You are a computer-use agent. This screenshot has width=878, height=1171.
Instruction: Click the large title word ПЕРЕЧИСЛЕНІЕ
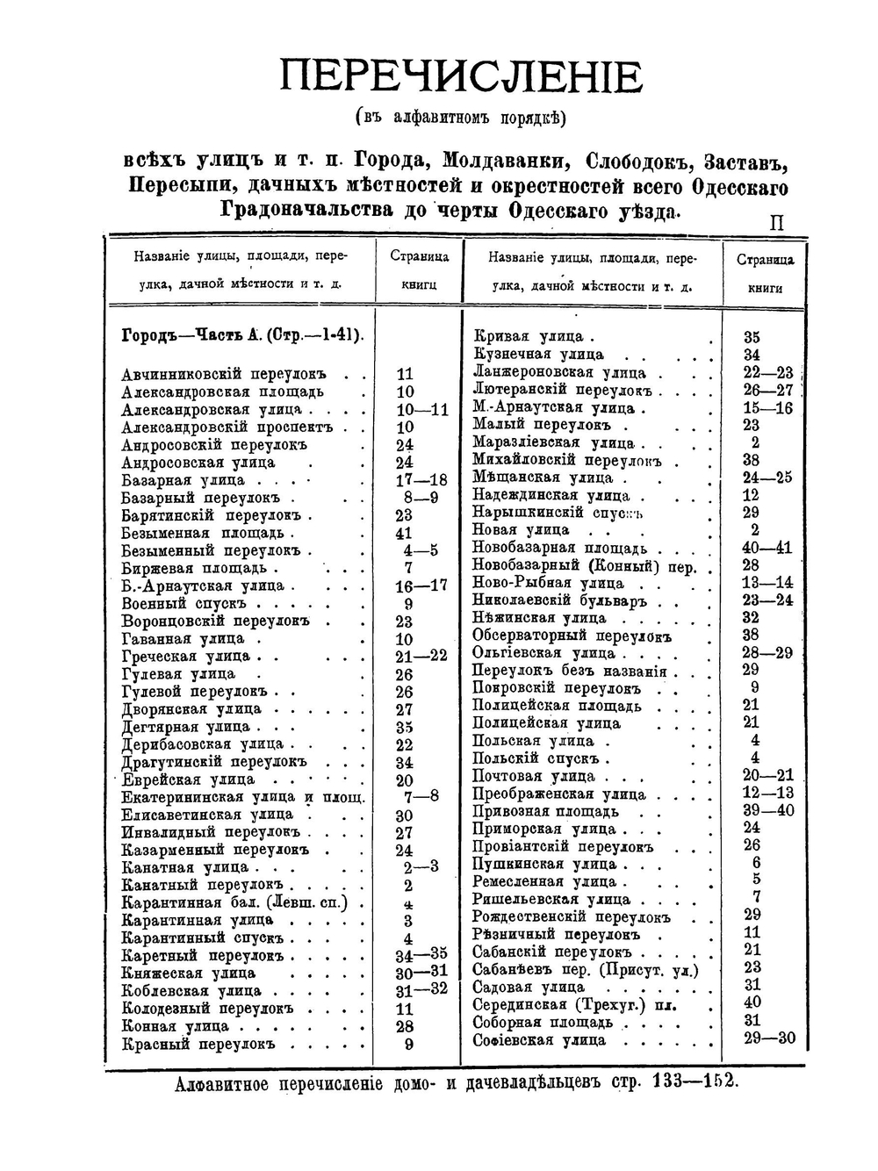[x=461, y=76]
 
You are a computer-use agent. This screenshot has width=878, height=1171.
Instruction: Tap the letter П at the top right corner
[x=776, y=224]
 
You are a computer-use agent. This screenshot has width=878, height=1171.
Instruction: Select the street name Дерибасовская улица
[x=202, y=744]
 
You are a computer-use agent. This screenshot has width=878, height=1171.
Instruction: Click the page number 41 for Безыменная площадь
[x=404, y=533]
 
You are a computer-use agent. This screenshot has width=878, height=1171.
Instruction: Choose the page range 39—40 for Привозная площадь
[x=768, y=810]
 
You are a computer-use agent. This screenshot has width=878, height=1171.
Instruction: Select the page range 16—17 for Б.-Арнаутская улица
[x=421, y=585]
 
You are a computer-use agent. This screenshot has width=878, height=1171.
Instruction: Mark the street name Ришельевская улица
[x=551, y=899]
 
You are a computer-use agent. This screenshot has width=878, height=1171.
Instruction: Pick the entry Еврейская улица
[x=189, y=779]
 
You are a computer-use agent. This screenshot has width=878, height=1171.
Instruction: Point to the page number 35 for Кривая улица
[x=752, y=337]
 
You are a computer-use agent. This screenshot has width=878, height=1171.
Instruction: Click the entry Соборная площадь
[x=543, y=1022]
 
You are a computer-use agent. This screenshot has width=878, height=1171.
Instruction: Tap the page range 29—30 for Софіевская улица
[x=768, y=1038]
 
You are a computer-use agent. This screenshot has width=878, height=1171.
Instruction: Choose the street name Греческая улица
[x=185, y=656]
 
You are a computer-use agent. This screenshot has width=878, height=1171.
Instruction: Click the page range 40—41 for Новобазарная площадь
[x=767, y=548]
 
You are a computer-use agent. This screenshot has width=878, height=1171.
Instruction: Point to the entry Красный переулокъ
[x=198, y=1044]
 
